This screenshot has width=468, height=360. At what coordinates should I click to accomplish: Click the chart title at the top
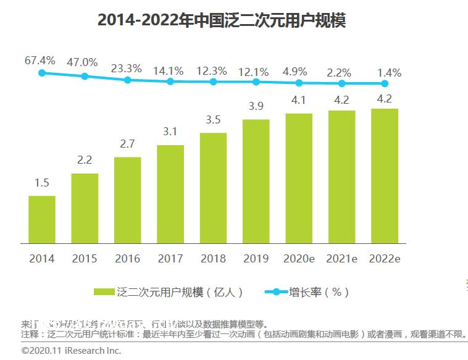[221, 20]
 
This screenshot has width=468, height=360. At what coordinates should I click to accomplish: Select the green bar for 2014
[42, 219]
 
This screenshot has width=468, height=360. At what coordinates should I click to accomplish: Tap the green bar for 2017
[170, 194]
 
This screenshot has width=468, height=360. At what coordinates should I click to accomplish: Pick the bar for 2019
[256, 181]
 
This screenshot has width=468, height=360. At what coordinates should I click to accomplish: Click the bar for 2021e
[341, 177]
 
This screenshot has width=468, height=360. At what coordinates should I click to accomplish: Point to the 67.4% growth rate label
[40, 61]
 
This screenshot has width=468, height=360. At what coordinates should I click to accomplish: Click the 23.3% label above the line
[127, 69]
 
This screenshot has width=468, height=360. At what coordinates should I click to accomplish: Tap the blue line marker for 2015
[85, 77]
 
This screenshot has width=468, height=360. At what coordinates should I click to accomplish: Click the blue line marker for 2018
[213, 82]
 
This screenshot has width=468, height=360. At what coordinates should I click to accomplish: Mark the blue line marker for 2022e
[385, 83]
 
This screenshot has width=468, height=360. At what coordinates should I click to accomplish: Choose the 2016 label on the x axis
[127, 259]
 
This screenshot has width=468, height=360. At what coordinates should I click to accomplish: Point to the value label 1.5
[42, 183]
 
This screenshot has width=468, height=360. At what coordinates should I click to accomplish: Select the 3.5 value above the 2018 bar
[213, 120]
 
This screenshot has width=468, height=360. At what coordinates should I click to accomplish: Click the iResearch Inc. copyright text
[71, 350]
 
